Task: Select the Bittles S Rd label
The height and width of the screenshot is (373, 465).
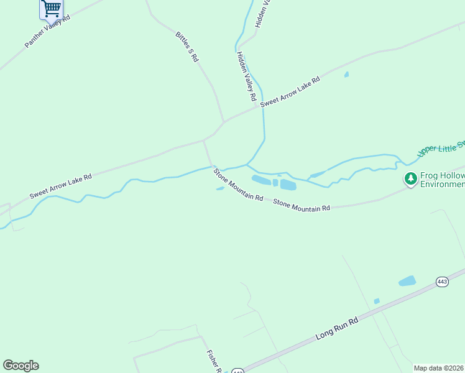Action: [x=186, y=47]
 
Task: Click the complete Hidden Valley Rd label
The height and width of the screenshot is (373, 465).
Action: [x=246, y=76]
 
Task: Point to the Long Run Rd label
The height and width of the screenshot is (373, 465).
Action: [x=338, y=328]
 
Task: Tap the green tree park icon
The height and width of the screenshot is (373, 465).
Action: [x=410, y=179]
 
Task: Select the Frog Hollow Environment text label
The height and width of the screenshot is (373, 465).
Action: [x=442, y=180]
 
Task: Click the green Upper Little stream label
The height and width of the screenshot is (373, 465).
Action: [x=441, y=149]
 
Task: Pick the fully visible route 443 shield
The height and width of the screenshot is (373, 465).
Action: [x=442, y=282]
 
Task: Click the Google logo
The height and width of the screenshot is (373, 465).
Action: [x=21, y=366]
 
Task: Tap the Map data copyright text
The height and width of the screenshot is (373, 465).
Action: [x=439, y=367]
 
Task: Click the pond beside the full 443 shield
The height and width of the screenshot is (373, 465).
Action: [x=407, y=281]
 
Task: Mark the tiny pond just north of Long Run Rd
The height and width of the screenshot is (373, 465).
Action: [x=377, y=301]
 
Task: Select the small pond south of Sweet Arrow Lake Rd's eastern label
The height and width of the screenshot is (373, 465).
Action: [x=346, y=75]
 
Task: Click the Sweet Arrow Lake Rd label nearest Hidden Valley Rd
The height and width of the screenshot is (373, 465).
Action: [x=290, y=91]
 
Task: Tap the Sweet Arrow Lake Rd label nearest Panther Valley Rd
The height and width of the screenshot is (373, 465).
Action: [x=60, y=186]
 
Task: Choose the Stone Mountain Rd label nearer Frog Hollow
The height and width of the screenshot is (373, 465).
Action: [x=302, y=205]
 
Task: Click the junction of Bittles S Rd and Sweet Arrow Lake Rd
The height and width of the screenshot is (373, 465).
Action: [x=223, y=122]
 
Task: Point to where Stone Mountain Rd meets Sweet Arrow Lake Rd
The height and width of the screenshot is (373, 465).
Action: [x=205, y=141]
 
